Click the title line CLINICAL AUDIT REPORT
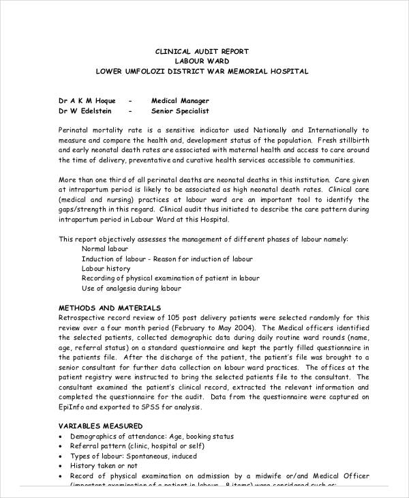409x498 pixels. click(202, 51)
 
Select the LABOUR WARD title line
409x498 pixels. click(202, 61)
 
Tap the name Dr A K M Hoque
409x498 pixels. click(87, 100)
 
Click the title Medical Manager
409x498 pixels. click(180, 100)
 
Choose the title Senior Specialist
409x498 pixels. click(180, 111)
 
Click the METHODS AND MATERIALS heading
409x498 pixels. click(110, 308)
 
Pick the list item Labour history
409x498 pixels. click(107, 269)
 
